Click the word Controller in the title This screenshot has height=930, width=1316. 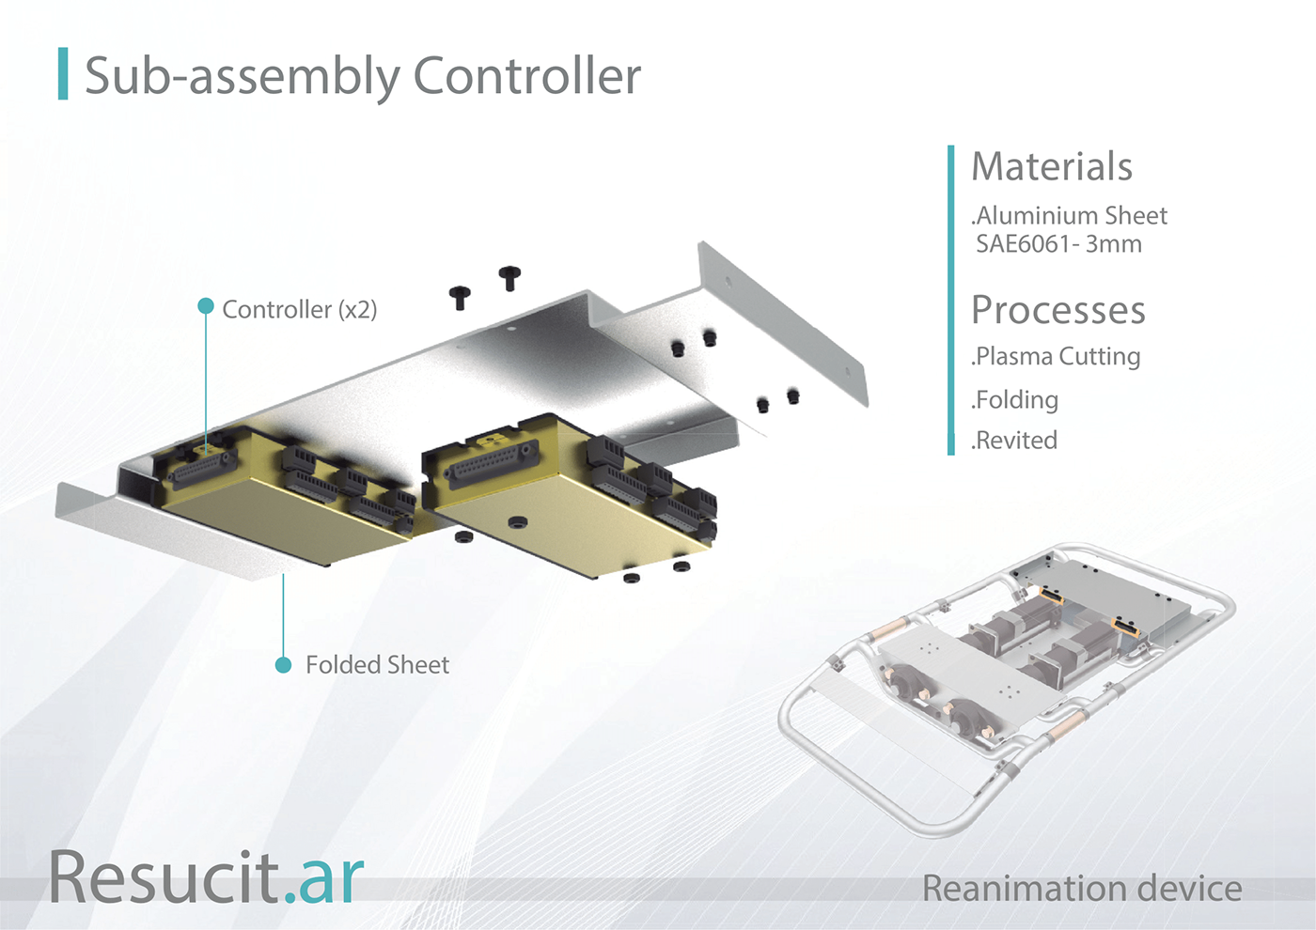[x=527, y=76]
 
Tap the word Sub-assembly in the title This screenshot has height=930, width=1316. [x=243, y=78]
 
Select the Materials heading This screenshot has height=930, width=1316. [x=1052, y=166]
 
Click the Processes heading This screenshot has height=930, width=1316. [x=1058, y=309]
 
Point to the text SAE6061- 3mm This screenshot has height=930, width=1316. [x=1058, y=243]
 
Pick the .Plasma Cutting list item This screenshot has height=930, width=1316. [x=1056, y=356]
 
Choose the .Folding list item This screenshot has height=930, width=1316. [x=1014, y=400]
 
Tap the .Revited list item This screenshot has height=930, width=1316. [x=1014, y=441]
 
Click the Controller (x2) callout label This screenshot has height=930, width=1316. [x=300, y=309]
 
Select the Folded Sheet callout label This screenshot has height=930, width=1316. [x=378, y=665]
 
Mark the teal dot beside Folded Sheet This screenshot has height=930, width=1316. [x=283, y=665]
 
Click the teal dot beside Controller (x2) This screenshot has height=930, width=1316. [x=206, y=305]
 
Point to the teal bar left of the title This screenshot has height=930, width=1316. [x=63, y=73]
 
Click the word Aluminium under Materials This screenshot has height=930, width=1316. [x=1030, y=216]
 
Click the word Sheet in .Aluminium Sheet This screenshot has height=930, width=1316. [x=1132, y=216]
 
